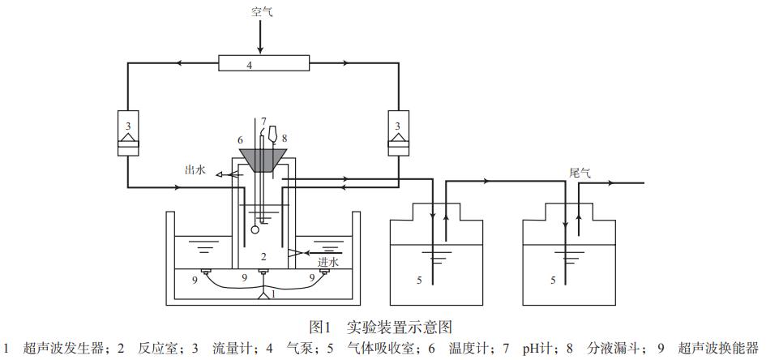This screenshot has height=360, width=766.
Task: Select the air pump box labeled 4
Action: (263, 62)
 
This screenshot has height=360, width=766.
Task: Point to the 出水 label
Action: (195, 170)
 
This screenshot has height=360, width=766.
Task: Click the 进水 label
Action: (327, 262)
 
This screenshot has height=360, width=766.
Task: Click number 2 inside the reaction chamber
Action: (264, 256)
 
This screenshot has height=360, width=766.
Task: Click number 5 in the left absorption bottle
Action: (419, 281)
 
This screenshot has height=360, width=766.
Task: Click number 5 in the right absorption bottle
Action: (552, 281)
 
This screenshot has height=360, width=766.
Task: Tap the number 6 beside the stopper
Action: (240, 140)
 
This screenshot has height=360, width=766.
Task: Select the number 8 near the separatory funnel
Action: (285, 139)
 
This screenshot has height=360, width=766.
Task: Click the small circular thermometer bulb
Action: (255, 229)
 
